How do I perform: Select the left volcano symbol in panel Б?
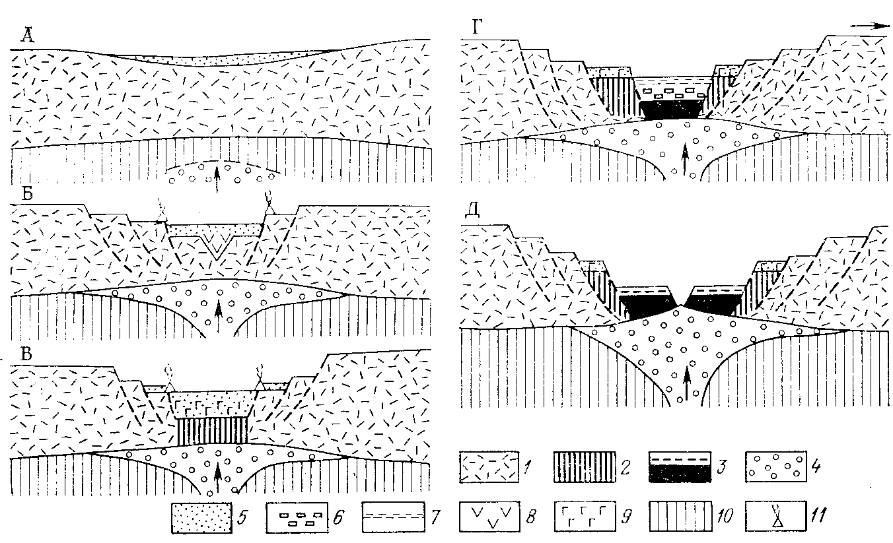click(161, 212)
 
